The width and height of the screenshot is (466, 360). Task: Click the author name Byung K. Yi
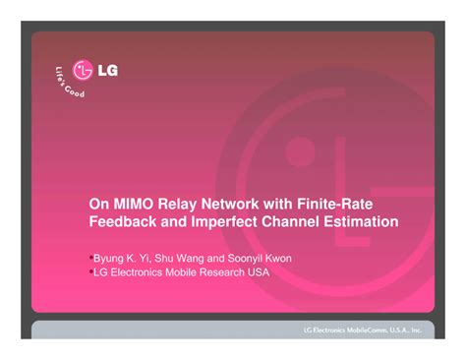coord(122,259)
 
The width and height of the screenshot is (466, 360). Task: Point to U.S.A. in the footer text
coord(401,330)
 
